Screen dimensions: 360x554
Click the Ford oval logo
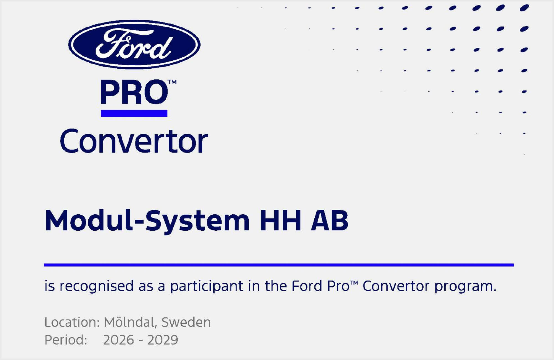(x=134, y=44)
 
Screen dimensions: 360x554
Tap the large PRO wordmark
(x=134, y=92)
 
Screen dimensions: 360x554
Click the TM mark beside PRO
(x=172, y=82)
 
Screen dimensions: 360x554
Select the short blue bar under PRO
(x=134, y=113)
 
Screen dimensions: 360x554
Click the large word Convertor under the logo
(x=134, y=141)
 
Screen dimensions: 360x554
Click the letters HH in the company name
(x=280, y=220)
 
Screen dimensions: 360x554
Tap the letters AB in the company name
(x=329, y=220)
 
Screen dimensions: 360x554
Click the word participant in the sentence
(x=207, y=286)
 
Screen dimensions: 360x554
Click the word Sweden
(x=186, y=322)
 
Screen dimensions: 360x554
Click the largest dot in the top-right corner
(x=524, y=8)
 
